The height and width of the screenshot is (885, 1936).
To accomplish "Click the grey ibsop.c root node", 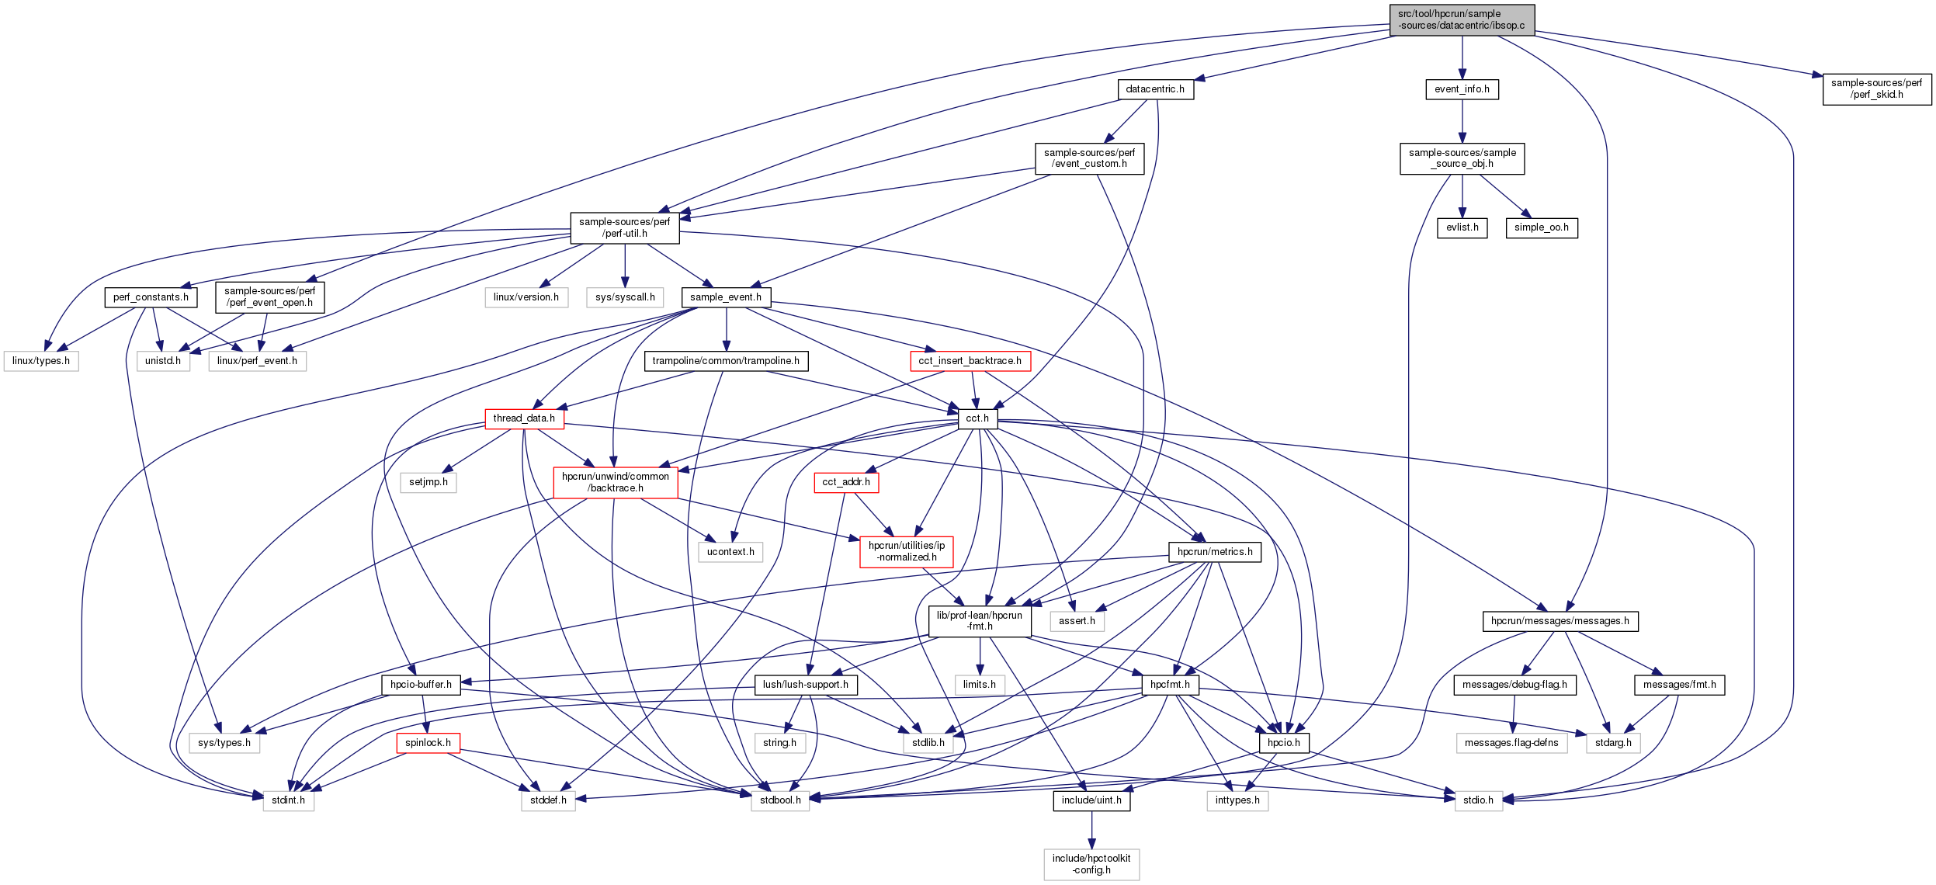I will click(1461, 19).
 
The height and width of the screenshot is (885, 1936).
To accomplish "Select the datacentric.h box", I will click(1155, 89).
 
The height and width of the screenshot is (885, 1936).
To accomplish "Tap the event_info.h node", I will click(1462, 89).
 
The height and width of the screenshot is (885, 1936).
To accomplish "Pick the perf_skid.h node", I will click(1876, 88).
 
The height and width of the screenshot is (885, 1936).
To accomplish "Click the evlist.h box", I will click(1462, 227).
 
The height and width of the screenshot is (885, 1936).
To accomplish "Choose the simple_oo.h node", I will click(1541, 227).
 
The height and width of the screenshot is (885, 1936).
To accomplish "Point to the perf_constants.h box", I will click(151, 297).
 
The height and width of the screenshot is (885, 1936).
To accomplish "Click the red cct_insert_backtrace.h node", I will click(970, 361).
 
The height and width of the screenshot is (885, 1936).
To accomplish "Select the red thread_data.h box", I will click(524, 418).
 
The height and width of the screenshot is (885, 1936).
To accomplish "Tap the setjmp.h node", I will click(428, 482).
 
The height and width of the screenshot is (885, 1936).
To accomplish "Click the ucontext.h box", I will click(730, 552).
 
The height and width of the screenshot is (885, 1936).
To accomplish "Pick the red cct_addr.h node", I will click(846, 482).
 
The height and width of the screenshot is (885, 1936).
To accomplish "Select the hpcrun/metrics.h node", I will click(1215, 552).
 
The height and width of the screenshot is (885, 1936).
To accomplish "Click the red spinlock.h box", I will click(428, 743).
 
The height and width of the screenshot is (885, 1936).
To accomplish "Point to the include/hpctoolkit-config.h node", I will click(1091, 864).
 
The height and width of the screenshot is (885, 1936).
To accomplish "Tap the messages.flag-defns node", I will click(1511, 743).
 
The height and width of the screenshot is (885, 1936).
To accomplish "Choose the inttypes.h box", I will click(1237, 800).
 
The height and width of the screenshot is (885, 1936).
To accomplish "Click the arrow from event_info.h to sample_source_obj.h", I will click(1462, 121).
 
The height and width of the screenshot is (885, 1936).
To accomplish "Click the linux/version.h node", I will click(526, 297).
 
